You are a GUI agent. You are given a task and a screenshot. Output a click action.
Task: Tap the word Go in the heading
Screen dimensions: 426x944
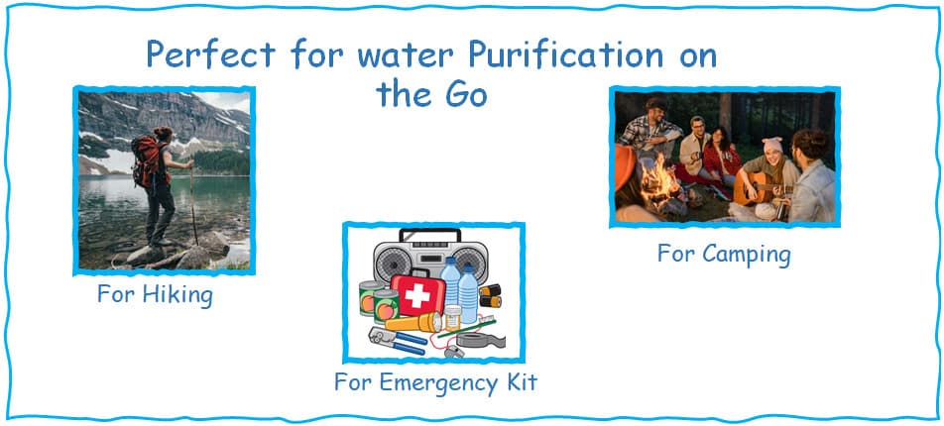click(462, 94)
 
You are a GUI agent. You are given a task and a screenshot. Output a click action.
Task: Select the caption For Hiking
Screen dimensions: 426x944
click(155, 295)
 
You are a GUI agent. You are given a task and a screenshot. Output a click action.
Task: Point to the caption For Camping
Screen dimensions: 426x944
click(724, 254)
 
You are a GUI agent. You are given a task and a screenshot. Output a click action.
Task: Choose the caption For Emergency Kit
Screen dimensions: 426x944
click(435, 381)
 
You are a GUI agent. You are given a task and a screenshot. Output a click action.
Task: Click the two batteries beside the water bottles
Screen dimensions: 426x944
click(491, 294)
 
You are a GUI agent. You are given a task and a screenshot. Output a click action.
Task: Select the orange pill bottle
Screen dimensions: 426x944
click(453, 318)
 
